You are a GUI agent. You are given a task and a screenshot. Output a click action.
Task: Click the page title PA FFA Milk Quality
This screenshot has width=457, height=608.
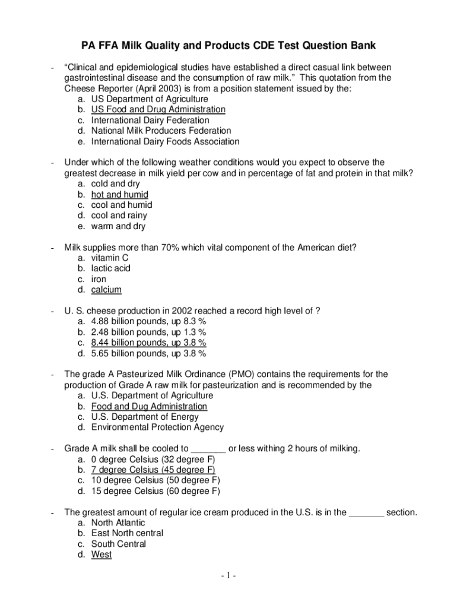coord(228,46)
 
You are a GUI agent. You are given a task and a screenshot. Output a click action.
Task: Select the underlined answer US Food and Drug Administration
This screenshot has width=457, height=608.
coord(158,109)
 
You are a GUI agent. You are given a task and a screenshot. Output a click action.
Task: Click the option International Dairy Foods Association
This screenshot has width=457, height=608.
coord(165,141)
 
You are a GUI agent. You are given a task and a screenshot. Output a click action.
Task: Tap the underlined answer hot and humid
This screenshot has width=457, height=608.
coord(119,194)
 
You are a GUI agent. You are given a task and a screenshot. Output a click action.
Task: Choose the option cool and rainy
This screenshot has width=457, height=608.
coord(119,216)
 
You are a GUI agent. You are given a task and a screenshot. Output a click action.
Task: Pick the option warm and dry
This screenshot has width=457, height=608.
coord(118,226)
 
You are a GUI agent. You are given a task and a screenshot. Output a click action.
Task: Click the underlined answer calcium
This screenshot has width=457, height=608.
coord(106,290)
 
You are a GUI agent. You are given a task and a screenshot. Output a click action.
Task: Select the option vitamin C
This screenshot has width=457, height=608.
coord(109,258)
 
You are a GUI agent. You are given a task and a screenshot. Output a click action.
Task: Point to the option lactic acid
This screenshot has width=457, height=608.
coord(110,268)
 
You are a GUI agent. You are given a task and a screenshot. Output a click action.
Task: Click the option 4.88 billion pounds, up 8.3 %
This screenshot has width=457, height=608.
coord(148,321)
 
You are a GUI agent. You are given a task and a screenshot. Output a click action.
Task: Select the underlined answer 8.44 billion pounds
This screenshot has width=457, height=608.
coord(148,343)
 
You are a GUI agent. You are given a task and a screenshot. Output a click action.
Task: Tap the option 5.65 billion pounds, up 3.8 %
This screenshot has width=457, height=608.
coord(148,353)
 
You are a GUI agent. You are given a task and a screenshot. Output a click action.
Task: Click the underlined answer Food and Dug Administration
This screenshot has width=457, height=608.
coord(149,406)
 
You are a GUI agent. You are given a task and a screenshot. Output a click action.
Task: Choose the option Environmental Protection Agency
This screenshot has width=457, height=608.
coord(157,427)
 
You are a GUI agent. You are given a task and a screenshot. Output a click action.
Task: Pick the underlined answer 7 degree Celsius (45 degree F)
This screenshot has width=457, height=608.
coord(153,470)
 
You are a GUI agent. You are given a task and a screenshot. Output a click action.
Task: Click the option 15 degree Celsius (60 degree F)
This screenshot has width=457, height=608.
coord(155,491)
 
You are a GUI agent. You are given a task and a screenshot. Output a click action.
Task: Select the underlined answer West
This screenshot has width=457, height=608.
coord(101,555)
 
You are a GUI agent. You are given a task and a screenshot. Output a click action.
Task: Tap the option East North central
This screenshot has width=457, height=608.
coord(127,533)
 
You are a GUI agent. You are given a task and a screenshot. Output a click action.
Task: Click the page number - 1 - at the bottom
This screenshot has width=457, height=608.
coord(228,576)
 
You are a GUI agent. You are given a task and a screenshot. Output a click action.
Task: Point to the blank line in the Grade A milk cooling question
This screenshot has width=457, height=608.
coord(209,449)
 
